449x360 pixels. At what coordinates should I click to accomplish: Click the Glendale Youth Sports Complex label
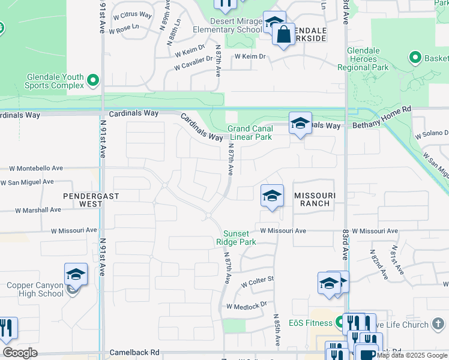[x=54, y=81]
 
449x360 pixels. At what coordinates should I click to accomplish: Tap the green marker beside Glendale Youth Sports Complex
[x=93, y=80]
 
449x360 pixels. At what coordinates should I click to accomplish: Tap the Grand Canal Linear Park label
[x=249, y=133]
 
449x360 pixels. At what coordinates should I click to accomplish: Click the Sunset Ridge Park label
[x=240, y=238]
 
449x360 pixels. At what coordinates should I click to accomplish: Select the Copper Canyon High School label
[x=35, y=289]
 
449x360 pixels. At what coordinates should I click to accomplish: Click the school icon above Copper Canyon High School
[x=76, y=274]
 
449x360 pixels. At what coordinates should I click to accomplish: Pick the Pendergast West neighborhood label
[x=91, y=200]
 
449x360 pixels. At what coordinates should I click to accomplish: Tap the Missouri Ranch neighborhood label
[x=312, y=199]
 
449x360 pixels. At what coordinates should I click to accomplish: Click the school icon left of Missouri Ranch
[x=272, y=196]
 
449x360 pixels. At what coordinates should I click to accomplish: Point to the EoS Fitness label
[x=310, y=323]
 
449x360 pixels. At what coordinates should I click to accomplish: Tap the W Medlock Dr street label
[x=246, y=306]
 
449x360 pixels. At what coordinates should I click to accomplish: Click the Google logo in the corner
[x=20, y=353]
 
